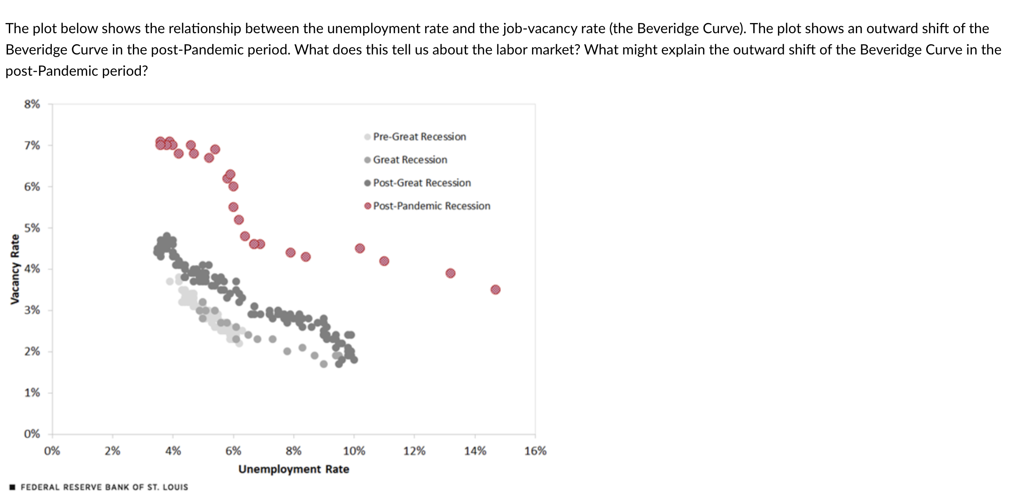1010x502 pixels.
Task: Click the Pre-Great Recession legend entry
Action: coord(419,137)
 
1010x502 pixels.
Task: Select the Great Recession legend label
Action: coord(410,160)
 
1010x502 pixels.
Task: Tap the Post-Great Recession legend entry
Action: coord(421,183)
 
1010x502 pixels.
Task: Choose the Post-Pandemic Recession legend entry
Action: coord(431,206)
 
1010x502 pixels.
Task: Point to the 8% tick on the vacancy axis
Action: coord(32,104)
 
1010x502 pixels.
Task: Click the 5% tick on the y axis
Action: coord(32,228)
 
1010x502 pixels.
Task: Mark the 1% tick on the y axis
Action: coord(32,393)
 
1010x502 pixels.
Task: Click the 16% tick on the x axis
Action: coord(535,451)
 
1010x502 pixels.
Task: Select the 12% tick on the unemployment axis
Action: coord(414,451)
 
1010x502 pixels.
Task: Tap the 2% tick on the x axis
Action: coord(113,451)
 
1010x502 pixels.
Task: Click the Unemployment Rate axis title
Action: coord(294,469)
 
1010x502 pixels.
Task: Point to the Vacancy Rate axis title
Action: coord(15,269)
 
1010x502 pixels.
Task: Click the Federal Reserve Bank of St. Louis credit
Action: coord(104,487)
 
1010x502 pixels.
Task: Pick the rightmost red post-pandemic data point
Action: coord(495,290)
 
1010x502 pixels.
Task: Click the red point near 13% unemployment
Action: coord(450,273)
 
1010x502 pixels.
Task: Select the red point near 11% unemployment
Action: coord(384,261)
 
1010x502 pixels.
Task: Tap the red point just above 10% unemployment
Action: coord(360,248)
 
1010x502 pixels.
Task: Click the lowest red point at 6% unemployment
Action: coord(233,207)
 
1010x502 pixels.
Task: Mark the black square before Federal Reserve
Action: coord(12,487)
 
